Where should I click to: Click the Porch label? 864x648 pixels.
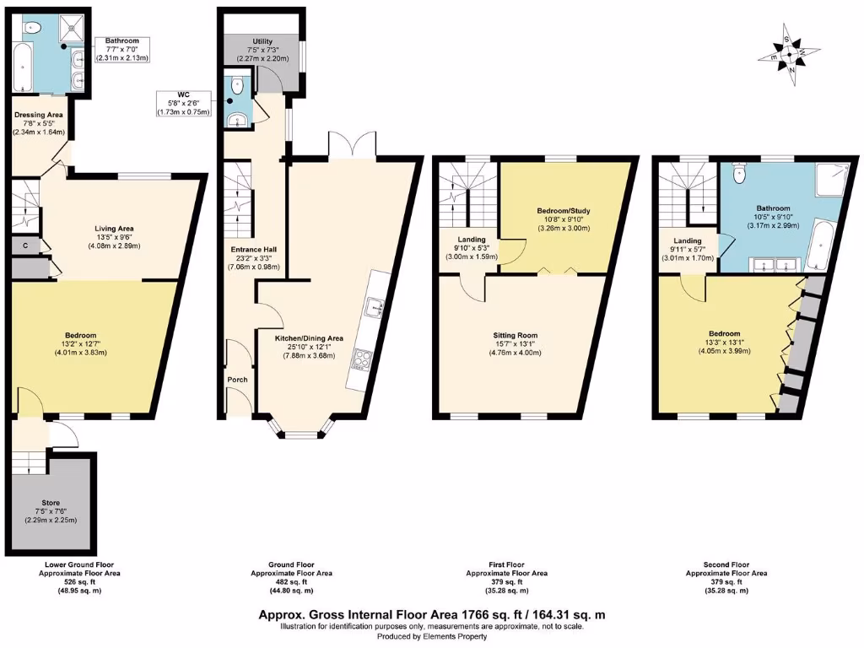click(237, 380)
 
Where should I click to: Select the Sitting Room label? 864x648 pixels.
click(516, 336)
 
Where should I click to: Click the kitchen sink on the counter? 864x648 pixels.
click(372, 309)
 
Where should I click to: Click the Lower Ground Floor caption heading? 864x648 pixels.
click(80, 564)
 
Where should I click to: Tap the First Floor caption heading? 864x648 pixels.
click(506, 564)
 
